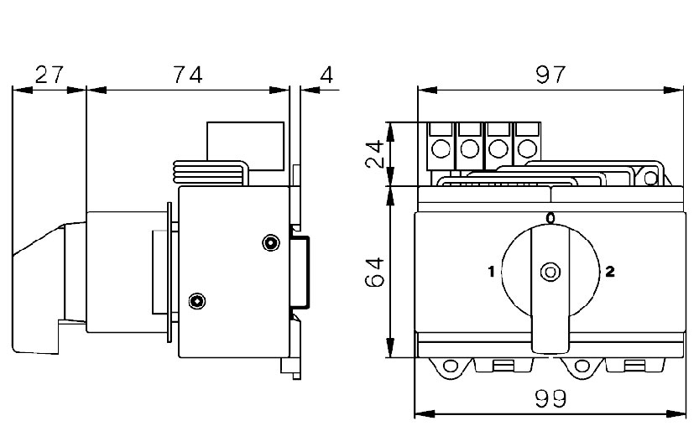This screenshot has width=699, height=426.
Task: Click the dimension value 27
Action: [49, 75]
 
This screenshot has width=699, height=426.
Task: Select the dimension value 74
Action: [188, 75]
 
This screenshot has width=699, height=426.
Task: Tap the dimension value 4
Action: [326, 75]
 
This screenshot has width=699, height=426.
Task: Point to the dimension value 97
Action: [551, 75]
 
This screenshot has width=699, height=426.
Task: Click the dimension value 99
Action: [550, 399]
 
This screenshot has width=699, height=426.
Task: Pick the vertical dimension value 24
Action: [378, 154]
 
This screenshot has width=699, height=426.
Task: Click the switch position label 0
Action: [550, 219]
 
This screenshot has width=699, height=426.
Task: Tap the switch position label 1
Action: [491, 271]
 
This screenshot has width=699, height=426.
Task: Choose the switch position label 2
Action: [610, 271]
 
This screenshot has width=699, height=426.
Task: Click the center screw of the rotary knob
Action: [550, 272]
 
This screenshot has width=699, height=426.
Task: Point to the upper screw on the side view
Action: [269, 243]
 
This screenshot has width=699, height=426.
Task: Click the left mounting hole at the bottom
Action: [451, 366]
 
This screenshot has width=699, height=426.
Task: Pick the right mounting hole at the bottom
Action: [581, 366]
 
